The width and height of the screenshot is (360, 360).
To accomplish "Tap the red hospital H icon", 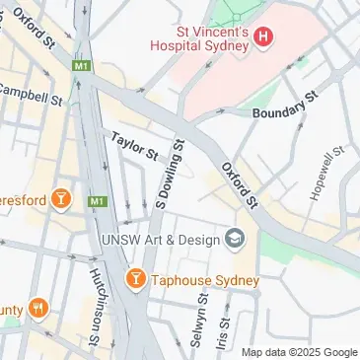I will (x=262, y=37).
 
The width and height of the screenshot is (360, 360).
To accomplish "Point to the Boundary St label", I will (x=285, y=105).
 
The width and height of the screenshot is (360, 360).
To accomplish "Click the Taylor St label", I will (x=134, y=146).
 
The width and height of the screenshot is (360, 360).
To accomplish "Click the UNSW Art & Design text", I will (x=162, y=239).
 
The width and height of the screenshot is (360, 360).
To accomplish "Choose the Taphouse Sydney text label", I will (x=205, y=280).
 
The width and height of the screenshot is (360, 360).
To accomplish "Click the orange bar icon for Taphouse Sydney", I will (x=136, y=280).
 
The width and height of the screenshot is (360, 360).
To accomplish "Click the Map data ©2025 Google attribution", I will (x=300, y=352).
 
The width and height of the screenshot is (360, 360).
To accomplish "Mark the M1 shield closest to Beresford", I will (x=97, y=201).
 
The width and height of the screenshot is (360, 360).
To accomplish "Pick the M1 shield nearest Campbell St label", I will (x=80, y=65).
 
